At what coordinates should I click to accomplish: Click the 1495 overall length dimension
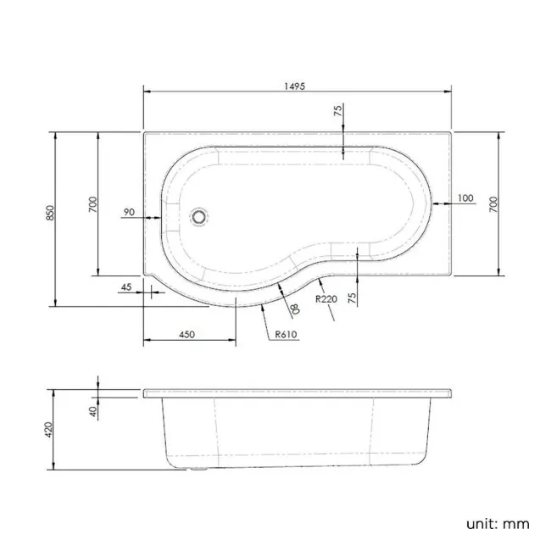pyautogui.click(x=295, y=86)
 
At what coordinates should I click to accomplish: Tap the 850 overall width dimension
pyautogui.click(x=50, y=214)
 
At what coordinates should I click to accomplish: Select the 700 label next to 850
pyautogui.click(x=93, y=204)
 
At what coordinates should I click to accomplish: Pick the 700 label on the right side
pyautogui.click(x=493, y=203)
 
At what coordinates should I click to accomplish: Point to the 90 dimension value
pyautogui.click(x=129, y=212)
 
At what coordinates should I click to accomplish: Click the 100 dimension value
pyautogui.click(x=465, y=198)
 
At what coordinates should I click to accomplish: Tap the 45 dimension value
pyautogui.click(x=126, y=287)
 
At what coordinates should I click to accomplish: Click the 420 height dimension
pyautogui.click(x=50, y=430)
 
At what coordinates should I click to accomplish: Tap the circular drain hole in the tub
pyautogui.click(x=199, y=216)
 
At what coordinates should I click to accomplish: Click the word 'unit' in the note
pyautogui.click(x=480, y=523)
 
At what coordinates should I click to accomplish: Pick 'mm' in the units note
pyautogui.click(x=517, y=523)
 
